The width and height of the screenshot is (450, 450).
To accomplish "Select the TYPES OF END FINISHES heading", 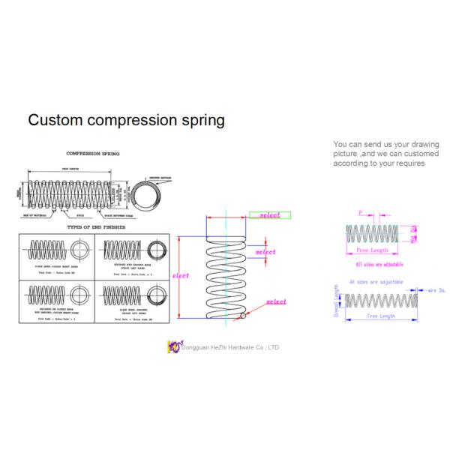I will click(x=96, y=226).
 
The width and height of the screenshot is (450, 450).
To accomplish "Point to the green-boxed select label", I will click(x=269, y=215).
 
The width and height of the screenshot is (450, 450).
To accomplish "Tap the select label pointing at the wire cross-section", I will click(x=275, y=301).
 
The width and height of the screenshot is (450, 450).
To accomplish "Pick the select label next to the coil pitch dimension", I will click(x=265, y=252).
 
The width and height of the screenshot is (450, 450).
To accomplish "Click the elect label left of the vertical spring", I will click(x=180, y=276).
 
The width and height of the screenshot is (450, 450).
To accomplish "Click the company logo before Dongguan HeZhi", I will click(x=174, y=347).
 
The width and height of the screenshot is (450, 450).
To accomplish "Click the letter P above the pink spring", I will click(x=361, y=214).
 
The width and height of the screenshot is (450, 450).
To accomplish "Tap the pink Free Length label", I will click(x=373, y=250).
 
